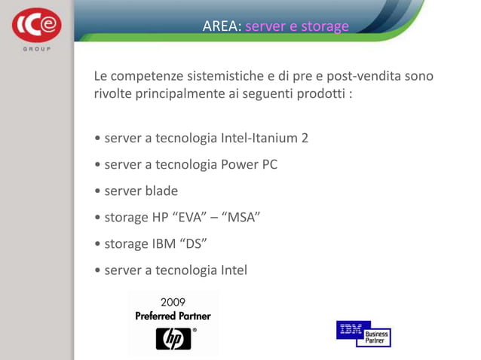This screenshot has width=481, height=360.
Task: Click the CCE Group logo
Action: [x=35, y=28]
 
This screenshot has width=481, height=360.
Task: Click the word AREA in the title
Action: [x=221, y=27]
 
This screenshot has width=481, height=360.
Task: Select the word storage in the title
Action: [x=325, y=27]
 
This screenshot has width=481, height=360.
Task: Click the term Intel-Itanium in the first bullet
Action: [x=259, y=139]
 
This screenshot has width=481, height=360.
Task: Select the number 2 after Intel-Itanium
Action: [x=305, y=139]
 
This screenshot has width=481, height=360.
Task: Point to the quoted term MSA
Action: [x=240, y=217]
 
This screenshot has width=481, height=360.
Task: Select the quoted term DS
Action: [x=193, y=243]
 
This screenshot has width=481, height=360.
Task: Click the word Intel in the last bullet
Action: [x=231, y=270]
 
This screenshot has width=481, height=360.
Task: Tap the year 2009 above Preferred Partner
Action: [x=173, y=303]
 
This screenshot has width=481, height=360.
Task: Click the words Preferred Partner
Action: [x=173, y=316]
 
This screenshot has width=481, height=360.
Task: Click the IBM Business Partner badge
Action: [x=363, y=333]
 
